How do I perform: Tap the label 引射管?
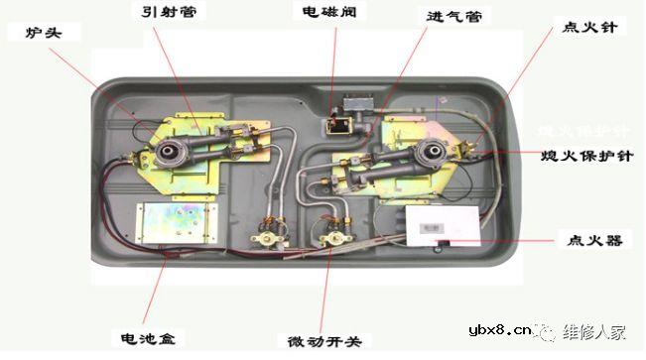(x=165, y=12)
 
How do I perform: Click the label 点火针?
(x=589, y=27)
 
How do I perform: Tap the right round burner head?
(x=432, y=154)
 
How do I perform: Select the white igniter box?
(x=442, y=225)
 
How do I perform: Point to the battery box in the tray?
(x=174, y=220)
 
